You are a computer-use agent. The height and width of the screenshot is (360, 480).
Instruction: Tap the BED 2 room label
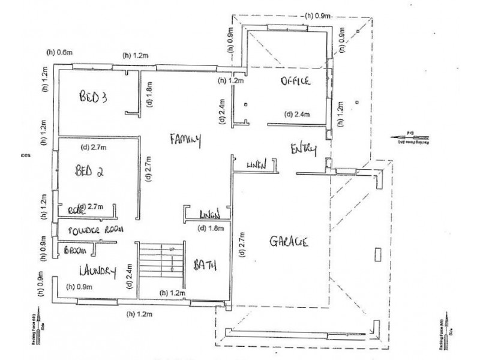[89, 170]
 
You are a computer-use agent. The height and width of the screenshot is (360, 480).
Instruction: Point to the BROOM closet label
[77, 250]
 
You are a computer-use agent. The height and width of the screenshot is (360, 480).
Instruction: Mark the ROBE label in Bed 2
[74, 209]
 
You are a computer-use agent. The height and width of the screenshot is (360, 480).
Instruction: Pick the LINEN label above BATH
[211, 214]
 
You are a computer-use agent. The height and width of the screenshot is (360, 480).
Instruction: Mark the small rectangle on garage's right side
[376, 254]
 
